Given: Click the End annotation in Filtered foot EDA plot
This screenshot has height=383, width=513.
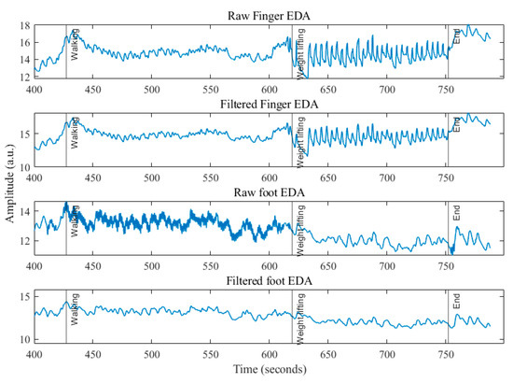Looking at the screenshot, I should (x=456, y=304).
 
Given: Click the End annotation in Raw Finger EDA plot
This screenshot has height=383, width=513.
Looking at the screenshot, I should (x=456, y=37).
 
